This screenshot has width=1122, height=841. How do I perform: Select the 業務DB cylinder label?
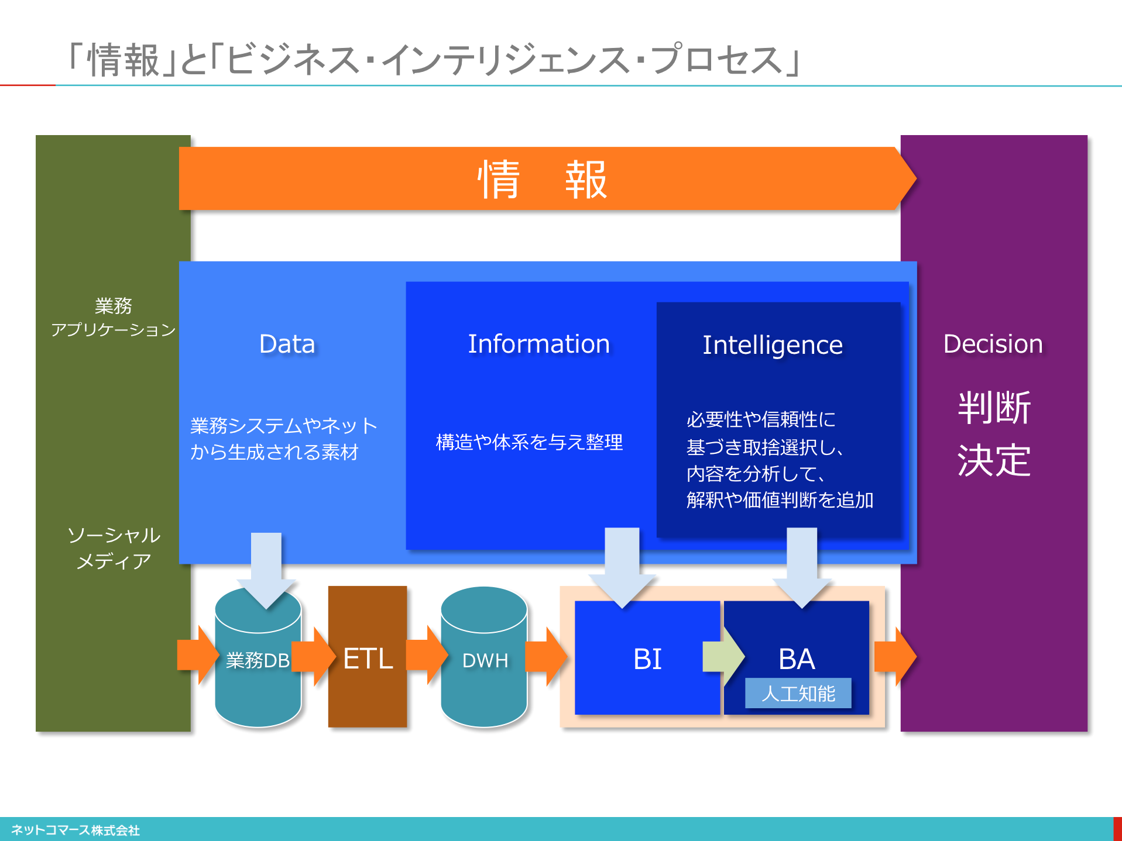[258, 660]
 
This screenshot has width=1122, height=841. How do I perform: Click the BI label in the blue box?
[647, 659]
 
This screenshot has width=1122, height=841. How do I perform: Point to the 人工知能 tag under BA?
[798, 694]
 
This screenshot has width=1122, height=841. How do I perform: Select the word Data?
[287, 344]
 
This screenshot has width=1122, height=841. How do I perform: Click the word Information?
[538, 344]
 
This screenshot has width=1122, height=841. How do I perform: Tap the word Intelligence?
[773, 345]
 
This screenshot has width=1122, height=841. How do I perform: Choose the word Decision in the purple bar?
[993, 344]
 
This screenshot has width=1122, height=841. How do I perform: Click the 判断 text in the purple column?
[994, 408]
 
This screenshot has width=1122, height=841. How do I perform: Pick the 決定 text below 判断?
[994, 460]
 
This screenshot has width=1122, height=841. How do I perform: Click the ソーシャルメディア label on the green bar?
[114, 548]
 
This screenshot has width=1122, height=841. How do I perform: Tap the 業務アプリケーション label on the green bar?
[113, 318]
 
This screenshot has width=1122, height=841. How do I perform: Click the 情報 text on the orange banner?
[542, 179]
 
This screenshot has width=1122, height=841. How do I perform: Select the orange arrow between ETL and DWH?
[426, 655]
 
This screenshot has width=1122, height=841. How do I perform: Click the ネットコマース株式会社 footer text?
[76, 830]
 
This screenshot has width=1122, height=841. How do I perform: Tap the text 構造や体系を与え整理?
[529, 442]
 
